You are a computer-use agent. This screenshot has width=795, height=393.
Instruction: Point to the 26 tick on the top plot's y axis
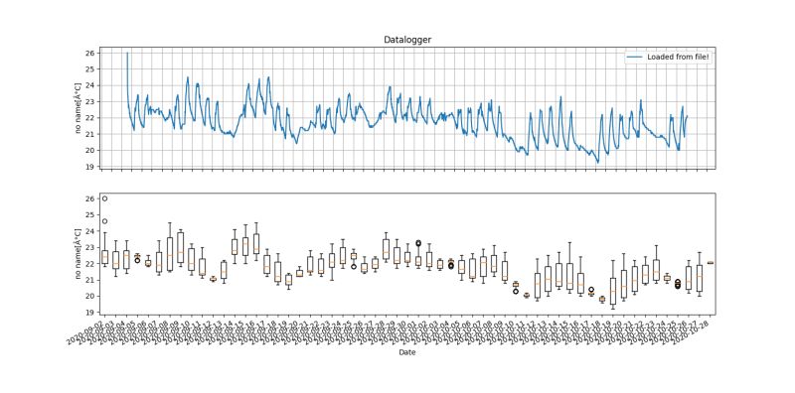90,53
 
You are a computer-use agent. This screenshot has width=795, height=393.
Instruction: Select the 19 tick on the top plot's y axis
90,167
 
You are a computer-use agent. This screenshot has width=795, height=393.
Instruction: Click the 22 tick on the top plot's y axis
90,118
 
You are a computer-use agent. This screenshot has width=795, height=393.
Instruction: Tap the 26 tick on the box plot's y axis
90,199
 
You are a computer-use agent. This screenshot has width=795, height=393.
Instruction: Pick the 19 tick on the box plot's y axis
90,313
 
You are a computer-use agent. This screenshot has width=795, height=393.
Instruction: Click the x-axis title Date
406,351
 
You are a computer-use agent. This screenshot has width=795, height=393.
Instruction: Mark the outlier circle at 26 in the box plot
104,198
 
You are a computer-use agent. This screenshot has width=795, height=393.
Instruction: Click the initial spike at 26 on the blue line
127,54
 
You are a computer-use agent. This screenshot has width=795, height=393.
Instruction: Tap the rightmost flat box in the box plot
711,263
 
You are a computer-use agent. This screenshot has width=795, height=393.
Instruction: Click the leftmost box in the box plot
104,257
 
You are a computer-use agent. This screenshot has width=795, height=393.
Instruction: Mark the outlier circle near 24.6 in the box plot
104,221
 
